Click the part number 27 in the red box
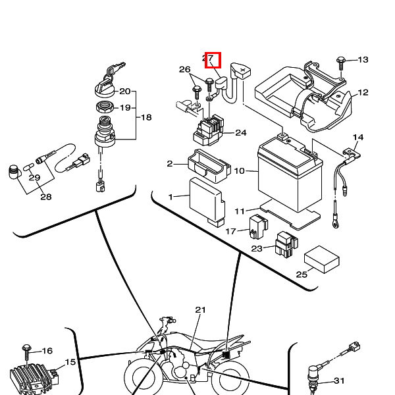tap(209, 59)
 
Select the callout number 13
tap(362, 60)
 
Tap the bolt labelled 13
tap(341, 61)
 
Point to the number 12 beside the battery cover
tap(363, 93)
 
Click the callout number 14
tap(357, 138)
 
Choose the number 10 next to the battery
tap(239, 171)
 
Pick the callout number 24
tap(240, 133)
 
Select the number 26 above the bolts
tap(184, 70)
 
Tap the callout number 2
tap(169, 164)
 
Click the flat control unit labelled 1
tap(205, 201)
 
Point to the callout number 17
tap(230, 232)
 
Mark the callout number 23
tap(257, 249)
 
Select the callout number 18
tap(146, 117)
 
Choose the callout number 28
tap(45, 197)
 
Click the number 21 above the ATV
tap(201, 309)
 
